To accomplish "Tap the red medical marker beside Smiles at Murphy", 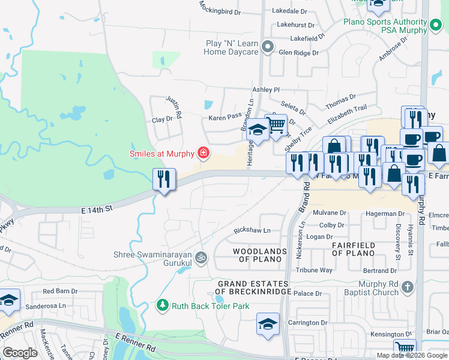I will (x=203, y=154).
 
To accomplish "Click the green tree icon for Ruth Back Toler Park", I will (x=162, y=305).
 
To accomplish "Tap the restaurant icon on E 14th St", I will (x=164, y=179).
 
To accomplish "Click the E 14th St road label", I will (x=97, y=209).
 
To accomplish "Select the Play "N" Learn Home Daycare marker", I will (x=268, y=46).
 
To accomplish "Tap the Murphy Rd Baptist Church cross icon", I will (x=408, y=287).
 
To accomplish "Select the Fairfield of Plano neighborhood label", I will (x=354, y=249).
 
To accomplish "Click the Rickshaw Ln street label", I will (x=252, y=230).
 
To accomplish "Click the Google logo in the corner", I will (x=20, y=353).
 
